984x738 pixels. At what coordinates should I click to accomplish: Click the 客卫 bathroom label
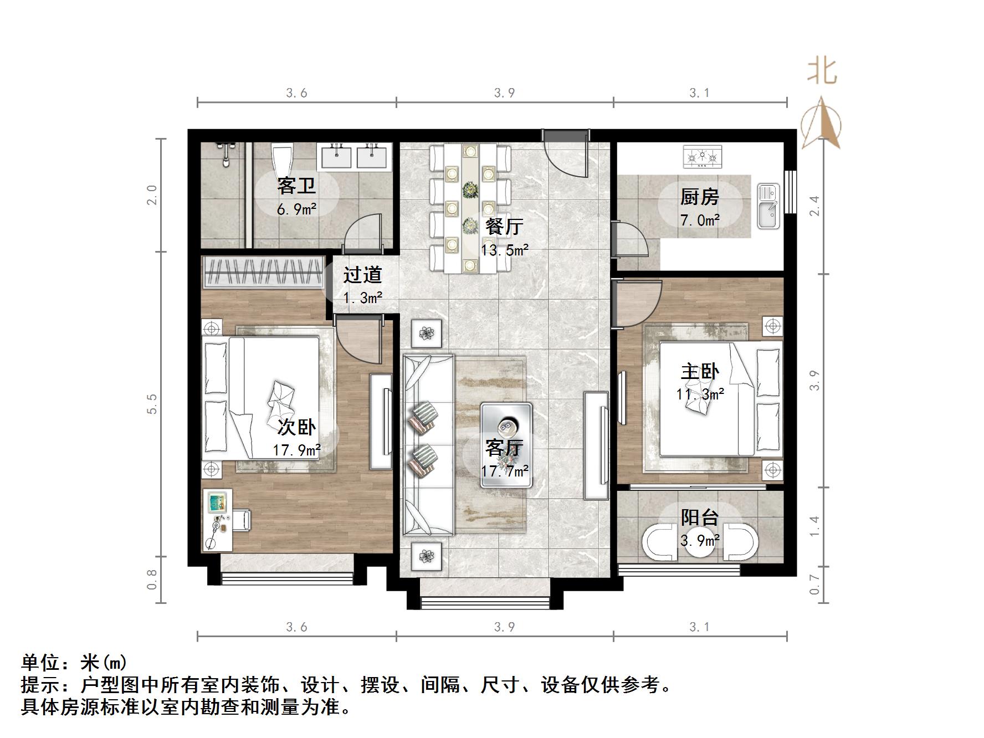tap(296, 186)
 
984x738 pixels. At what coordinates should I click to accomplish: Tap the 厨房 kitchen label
tap(699, 197)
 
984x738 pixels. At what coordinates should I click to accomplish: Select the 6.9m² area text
tap(296, 209)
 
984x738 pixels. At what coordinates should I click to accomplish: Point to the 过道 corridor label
tap(362, 275)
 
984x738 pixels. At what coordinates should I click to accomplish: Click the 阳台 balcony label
tap(699, 517)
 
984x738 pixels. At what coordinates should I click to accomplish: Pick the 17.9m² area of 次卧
tap(296, 450)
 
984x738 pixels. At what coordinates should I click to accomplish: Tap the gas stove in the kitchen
tap(703, 156)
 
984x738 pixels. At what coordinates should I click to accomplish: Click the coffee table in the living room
tap(506, 445)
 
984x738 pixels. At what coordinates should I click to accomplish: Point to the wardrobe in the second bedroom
tap(263, 272)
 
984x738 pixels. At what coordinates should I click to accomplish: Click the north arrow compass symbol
tap(822, 123)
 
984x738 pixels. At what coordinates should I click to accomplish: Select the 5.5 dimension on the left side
tap(152, 404)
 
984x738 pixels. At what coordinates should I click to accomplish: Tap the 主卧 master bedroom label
tap(700, 371)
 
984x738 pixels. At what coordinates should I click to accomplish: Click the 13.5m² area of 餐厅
tap(504, 250)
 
